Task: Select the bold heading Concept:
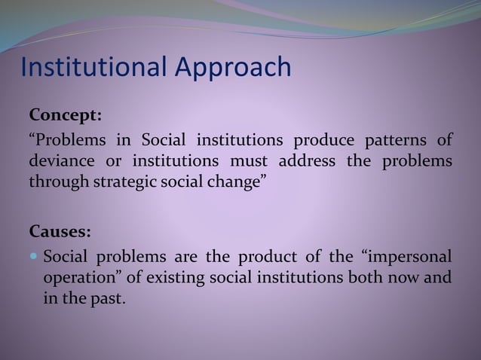pos(65,117)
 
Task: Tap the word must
pos(249,161)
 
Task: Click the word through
pos(55,182)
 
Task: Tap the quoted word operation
pos(83,276)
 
